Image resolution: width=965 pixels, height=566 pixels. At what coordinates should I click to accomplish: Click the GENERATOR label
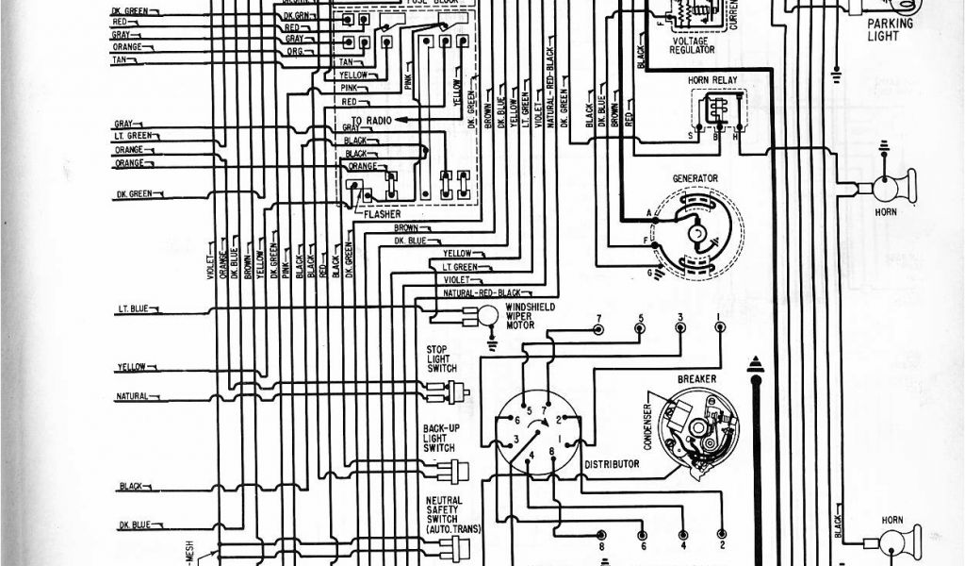pyautogui.click(x=695, y=177)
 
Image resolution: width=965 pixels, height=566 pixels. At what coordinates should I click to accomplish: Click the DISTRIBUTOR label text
pyautogui.click(x=612, y=464)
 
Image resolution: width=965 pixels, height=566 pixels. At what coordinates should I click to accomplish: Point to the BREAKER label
pyautogui.click(x=696, y=378)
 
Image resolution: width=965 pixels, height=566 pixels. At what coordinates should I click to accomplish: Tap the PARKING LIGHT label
pyautogui.click(x=883, y=31)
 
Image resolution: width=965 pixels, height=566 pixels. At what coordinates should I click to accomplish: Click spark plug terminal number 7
pyautogui.click(x=598, y=328)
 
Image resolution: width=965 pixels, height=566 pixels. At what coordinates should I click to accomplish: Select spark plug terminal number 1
pyautogui.click(x=720, y=327)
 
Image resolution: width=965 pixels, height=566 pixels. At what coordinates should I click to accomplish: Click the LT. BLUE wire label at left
pyautogui.click(x=135, y=309)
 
